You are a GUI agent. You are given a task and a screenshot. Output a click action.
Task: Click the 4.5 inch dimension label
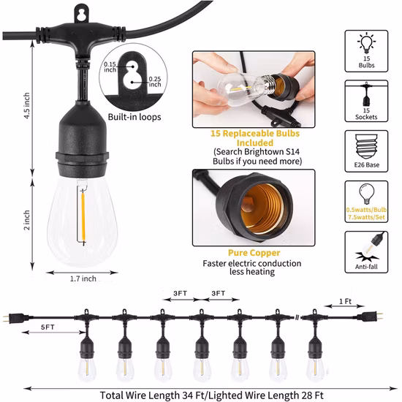[26, 106]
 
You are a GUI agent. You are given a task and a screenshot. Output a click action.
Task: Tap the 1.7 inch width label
[83, 278]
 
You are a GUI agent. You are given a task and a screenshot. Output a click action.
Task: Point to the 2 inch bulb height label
[26, 220]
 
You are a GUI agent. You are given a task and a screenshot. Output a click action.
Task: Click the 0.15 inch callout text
[110, 67]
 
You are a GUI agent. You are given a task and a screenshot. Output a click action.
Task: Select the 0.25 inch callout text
[155, 82]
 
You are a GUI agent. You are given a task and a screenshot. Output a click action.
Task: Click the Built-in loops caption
[134, 117]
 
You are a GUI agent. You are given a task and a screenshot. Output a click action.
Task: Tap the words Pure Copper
[254, 253]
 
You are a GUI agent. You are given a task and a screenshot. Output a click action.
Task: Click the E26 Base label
[366, 165]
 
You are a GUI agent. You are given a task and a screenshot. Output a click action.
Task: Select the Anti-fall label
[366, 267]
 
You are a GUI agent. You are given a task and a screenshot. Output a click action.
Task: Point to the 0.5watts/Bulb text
[366, 210]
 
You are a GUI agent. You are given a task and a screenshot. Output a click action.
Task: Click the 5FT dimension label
[48, 327]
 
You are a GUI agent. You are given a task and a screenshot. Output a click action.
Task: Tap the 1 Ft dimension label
[345, 301]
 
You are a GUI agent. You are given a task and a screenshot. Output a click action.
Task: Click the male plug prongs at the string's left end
[5, 318]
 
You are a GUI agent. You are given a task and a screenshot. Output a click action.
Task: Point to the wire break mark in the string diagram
[297, 318]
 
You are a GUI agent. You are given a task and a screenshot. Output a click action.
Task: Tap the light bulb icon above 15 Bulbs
[367, 42]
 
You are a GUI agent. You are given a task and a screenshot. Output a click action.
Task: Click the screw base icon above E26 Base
[366, 147]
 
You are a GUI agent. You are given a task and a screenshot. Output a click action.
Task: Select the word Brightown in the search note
[264, 152]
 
